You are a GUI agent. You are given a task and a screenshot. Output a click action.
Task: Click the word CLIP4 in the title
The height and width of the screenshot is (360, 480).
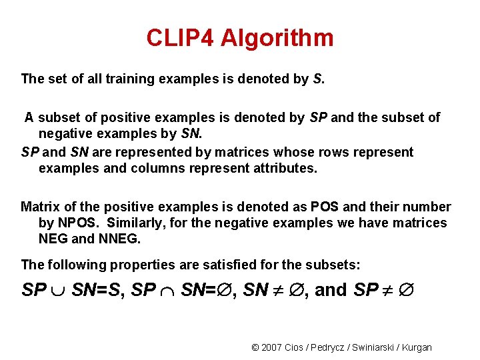click(180, 38)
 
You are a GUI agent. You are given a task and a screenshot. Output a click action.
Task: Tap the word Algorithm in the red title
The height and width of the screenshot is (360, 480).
click(277, 38)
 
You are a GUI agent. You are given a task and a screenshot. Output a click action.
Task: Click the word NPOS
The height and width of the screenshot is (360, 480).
click(75, 223)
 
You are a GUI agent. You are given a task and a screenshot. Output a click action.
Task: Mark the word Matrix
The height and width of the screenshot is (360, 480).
click(41, 207)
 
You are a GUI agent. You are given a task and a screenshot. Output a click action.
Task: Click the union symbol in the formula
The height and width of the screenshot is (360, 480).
click(57, 291)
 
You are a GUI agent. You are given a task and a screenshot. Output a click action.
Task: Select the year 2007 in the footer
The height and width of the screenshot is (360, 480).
click(273, 347)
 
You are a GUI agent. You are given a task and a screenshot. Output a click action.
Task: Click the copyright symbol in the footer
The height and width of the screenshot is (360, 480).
click(255, 347)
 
